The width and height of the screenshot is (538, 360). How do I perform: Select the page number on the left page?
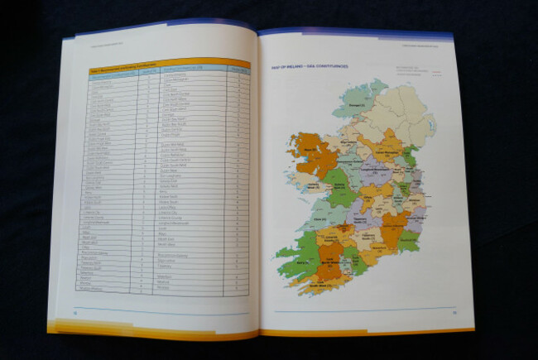[x=75, y=312]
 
